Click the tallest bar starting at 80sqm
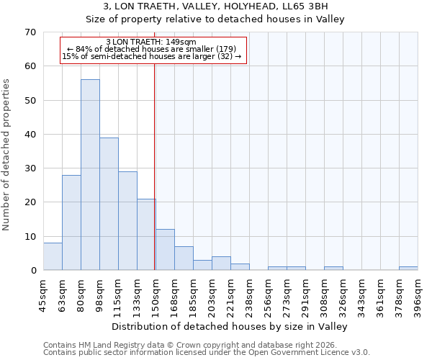[90, 175]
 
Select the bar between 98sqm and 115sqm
[109, 204]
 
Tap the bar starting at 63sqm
[71, 222]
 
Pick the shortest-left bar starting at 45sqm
[53, 257]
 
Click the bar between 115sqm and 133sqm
[127, 221]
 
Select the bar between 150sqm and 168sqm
[165, 250]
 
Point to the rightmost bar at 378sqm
[408, 269]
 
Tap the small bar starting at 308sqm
[333, 269]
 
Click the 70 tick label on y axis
[30, 32]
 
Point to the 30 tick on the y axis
[30, 168]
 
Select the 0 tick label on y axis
[32, 271]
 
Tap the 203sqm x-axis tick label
[212, 297]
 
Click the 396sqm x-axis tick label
[418, 297]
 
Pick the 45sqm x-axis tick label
[43, 295]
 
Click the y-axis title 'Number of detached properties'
[6, 155]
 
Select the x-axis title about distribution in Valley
[230, 326]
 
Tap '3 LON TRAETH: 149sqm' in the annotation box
[150, 42]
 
